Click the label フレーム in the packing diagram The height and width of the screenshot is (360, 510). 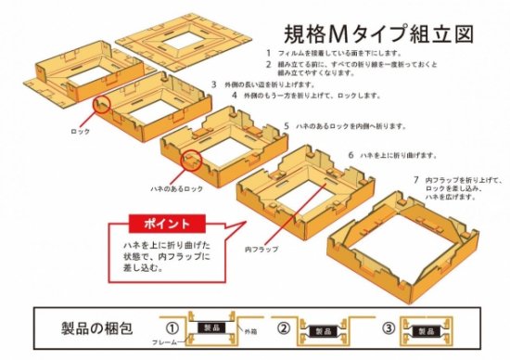167,342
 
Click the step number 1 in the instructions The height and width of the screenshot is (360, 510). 268,53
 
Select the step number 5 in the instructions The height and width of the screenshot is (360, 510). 287,125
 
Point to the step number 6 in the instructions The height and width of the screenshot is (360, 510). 351,153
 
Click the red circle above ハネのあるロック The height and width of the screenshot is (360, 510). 194,160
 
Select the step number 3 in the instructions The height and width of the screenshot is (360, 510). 213,84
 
